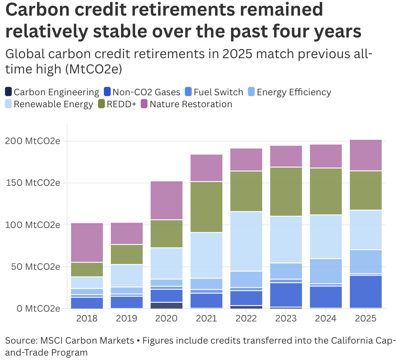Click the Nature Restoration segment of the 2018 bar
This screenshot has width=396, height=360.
click(x=87, y=243)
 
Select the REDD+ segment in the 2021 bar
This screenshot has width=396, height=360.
click(x=206, y=207)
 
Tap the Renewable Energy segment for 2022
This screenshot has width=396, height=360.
click(x=246, y=241)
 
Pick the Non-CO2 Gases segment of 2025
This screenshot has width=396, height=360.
click(x=365, y=292)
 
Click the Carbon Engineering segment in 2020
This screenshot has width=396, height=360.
click(x=166, y=305)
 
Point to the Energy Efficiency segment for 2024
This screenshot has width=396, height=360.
click(x=326, y=271)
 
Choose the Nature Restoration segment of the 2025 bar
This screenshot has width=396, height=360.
click(x=365, y=155)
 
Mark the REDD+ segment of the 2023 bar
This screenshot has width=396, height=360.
click(x=286, y=192)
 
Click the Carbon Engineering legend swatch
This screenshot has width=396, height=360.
click(x=9, y=92)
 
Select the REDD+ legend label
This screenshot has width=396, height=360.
click(x=121, y=104)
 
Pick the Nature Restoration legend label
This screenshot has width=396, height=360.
click(x=191, y=104)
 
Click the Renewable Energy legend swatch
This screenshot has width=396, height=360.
click(x=9, y=104)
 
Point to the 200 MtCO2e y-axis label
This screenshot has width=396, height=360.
click(x=32, y=141)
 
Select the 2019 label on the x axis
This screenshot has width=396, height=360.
click(x=126, y=319)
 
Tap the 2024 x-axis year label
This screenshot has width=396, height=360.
click(x=326, y=319)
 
